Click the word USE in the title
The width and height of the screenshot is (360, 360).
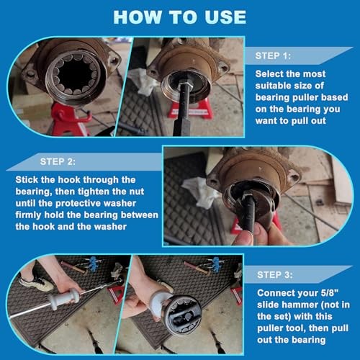coord(225,17)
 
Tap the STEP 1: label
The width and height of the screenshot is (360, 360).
coord(273,56)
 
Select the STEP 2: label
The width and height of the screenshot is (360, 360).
coord(58,161)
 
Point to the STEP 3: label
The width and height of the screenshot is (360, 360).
coord(275,275)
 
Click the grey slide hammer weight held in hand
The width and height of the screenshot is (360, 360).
coord(63,299)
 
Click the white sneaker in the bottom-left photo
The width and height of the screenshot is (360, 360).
coord(36,282)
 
